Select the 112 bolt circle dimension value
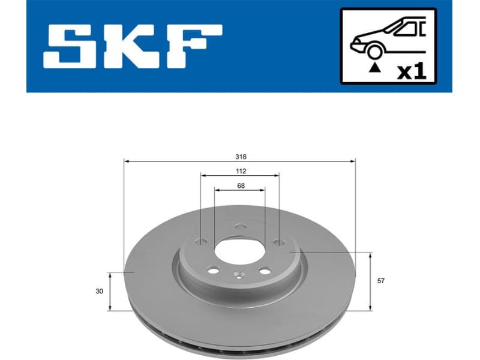coord(240,171)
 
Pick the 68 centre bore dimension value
coord(240,185)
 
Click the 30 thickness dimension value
coord(99,291)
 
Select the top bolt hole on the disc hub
coord(240,227)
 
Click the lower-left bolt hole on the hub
coord(214,271)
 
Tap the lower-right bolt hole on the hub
coord(265,271)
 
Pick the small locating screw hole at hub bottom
coord(239,277)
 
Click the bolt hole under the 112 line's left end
coord(202,242)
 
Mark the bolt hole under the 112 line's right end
coord(278,242)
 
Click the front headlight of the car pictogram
coord(355,41)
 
